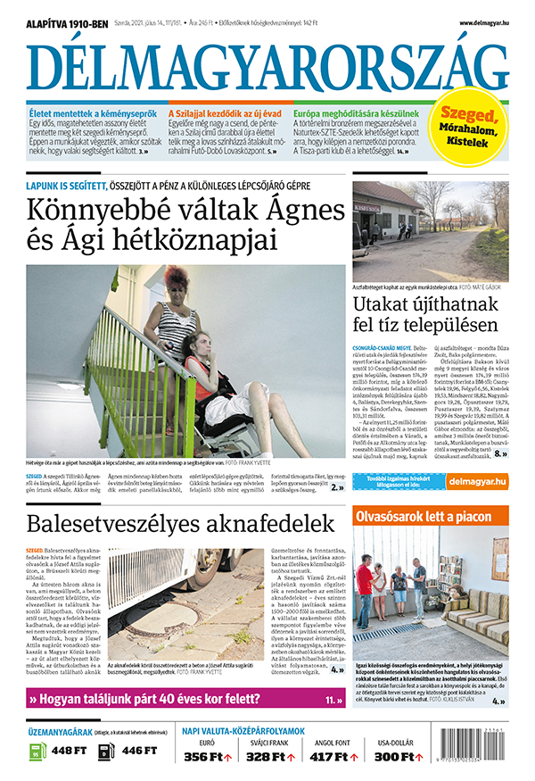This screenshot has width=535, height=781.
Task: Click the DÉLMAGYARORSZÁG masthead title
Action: [x=267, y=67]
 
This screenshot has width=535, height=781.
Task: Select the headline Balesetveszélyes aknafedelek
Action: [x=180, y=523]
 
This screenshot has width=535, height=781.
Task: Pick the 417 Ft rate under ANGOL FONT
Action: [x=329, y=757]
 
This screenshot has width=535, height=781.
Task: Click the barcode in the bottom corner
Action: [x=481, y=749]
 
